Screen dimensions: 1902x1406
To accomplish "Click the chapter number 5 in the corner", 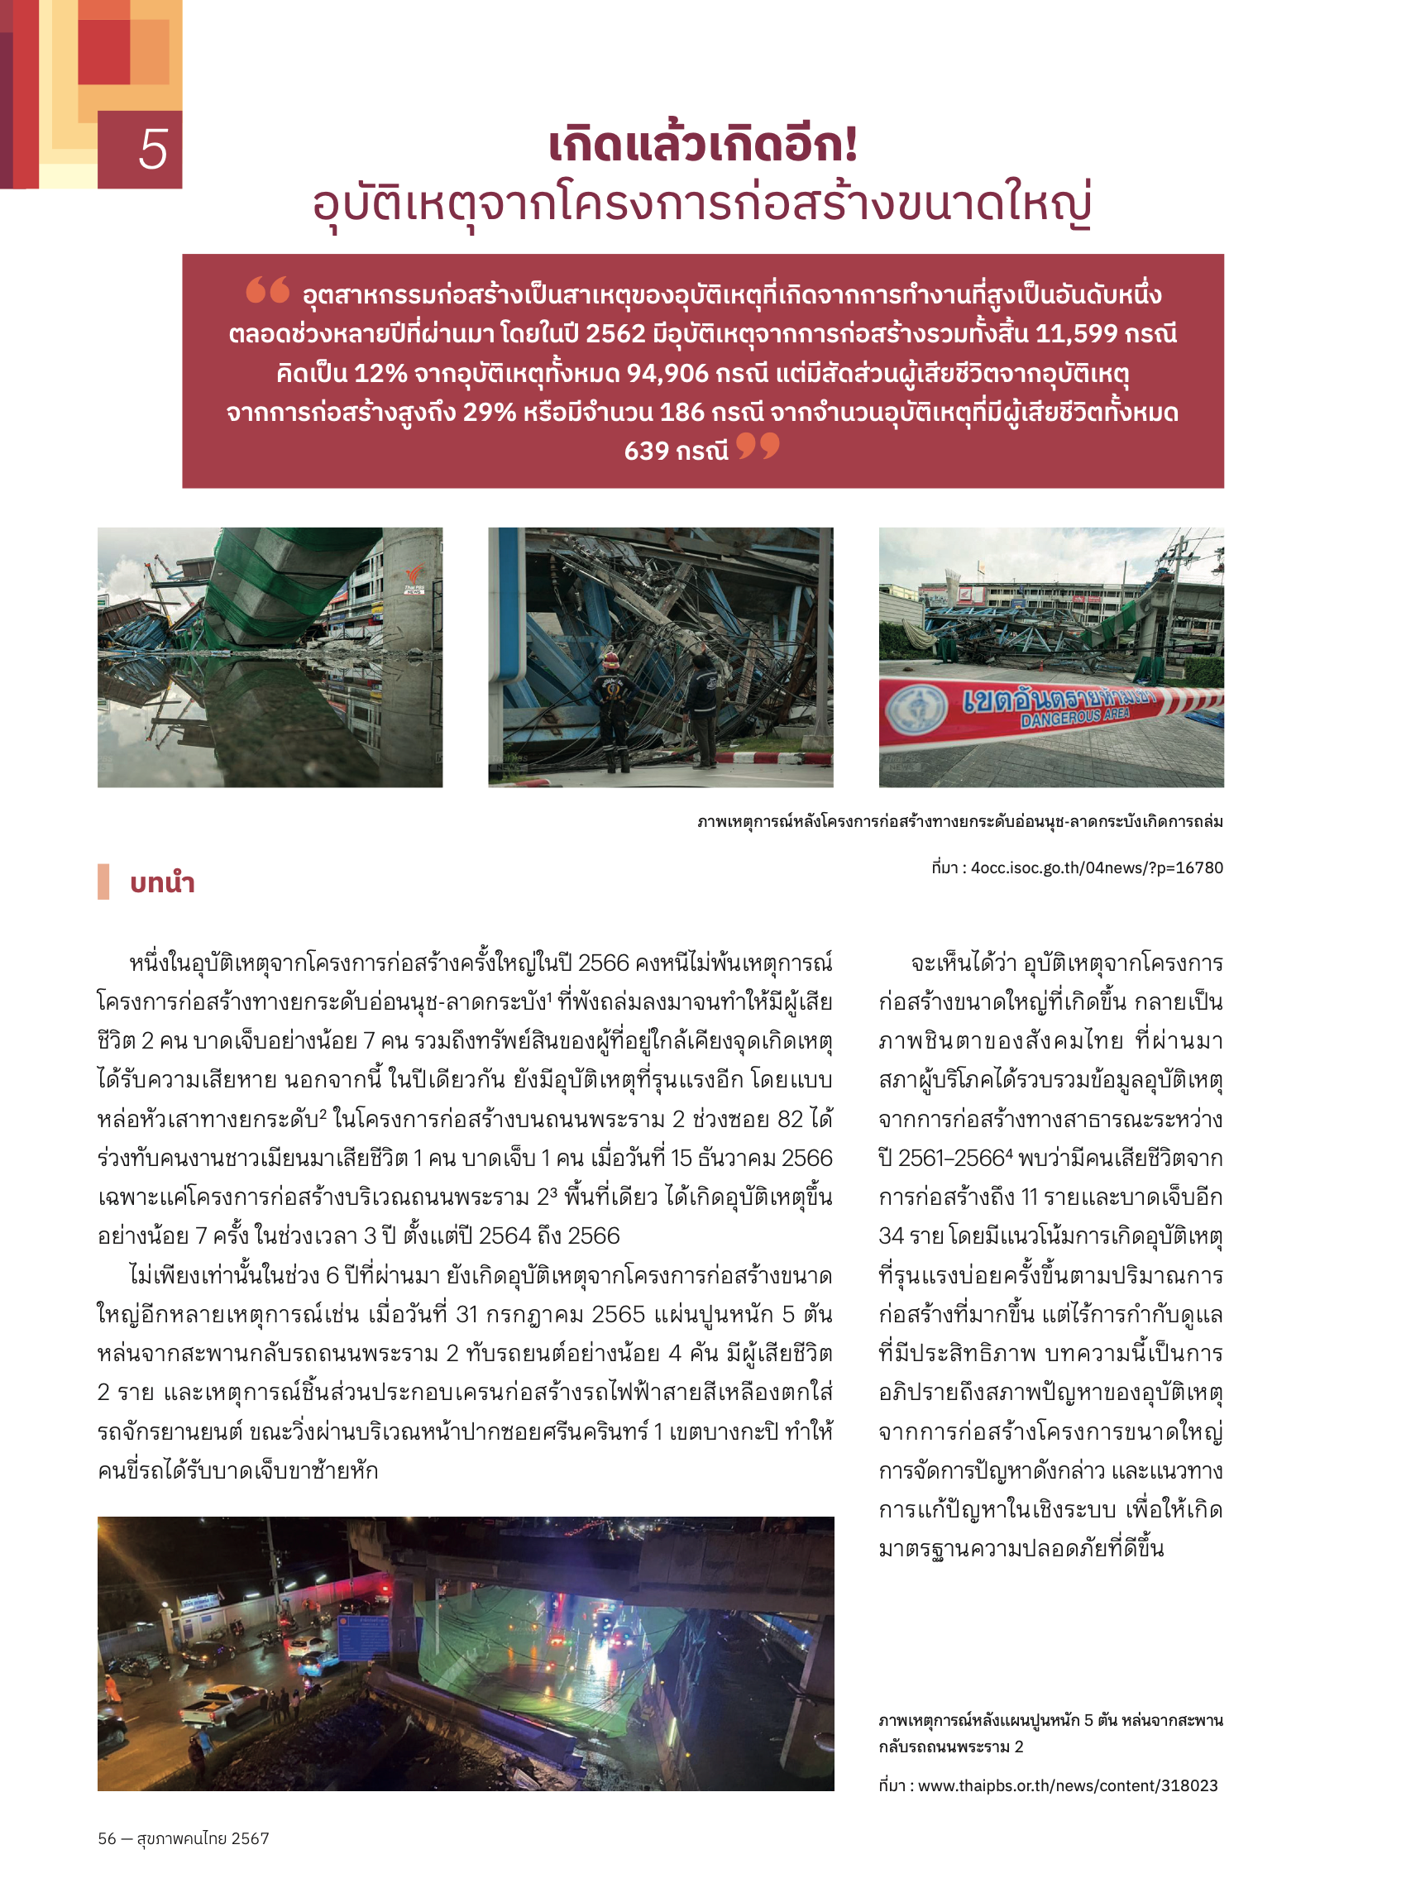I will (x=152, y=150).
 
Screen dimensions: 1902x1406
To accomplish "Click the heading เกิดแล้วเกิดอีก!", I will (x=702, y=144).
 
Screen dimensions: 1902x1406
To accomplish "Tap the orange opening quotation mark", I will (x=266, y=290).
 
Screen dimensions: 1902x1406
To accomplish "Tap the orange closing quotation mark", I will (x=757, y=445).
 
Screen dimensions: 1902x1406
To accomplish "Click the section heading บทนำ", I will (x=162, y=882).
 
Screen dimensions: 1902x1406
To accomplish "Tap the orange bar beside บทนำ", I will (x=103, y=882).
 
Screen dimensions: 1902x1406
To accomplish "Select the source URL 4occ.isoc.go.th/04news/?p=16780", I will (x=1096, y=867).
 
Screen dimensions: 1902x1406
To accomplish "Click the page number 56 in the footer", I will (x=107, y=1838).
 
